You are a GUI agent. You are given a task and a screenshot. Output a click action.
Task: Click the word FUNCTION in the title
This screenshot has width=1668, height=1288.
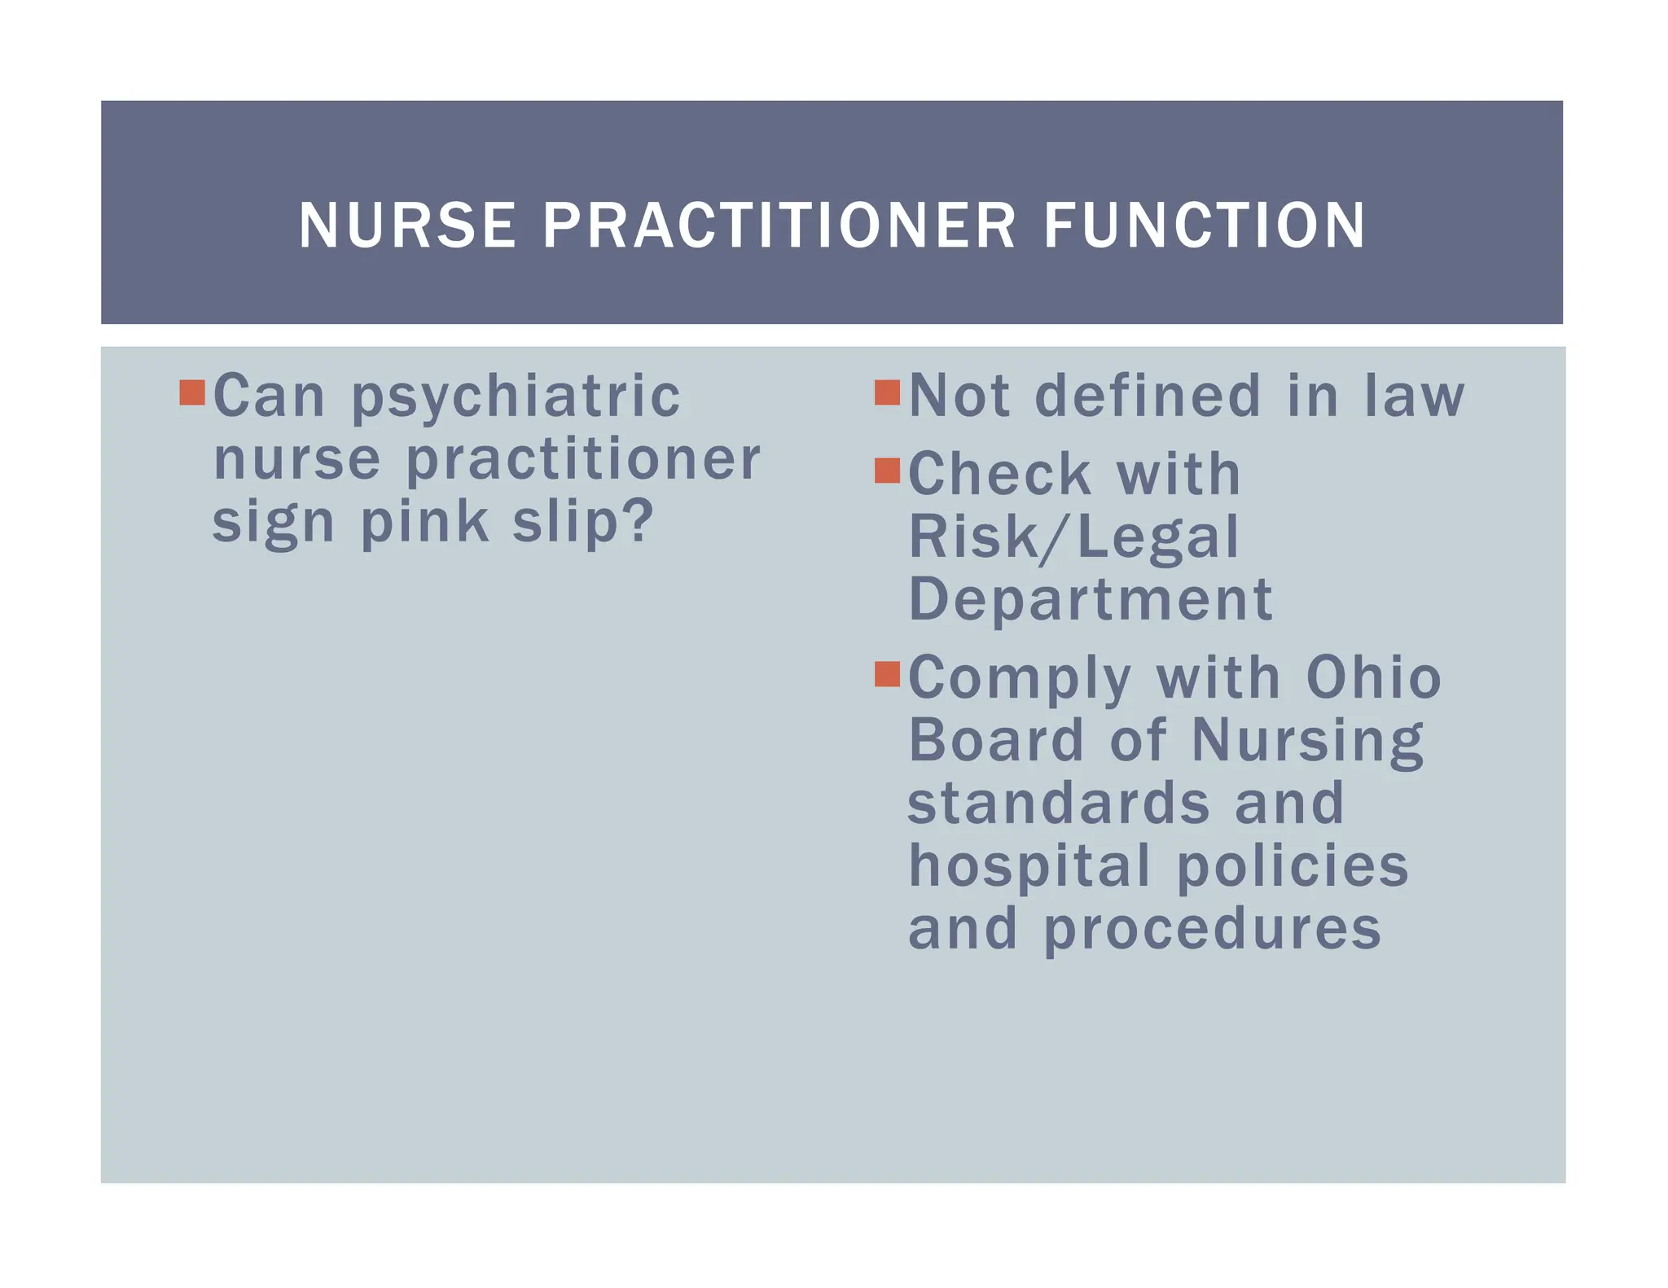[x=1204, y=226]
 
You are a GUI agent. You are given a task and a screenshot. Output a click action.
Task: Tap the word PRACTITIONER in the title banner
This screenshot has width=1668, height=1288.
[x=779, y=226]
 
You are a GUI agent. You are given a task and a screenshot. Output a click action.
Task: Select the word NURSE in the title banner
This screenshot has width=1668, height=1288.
[x=407, y=226]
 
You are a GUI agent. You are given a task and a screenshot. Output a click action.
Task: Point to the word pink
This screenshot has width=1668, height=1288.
[x=424, y=521]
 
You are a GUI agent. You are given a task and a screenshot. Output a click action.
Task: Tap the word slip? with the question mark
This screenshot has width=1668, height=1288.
[x=583, y=521]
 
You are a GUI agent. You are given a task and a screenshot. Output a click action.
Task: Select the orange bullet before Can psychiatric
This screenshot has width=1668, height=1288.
[x=192, y=392]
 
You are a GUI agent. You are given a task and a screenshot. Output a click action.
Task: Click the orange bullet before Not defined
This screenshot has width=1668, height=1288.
[x=887, y=392]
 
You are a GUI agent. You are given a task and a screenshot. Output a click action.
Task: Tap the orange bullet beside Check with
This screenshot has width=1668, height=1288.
[x=887, y=471]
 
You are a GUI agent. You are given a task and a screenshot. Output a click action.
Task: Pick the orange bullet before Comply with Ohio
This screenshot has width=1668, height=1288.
[x=887, y=674]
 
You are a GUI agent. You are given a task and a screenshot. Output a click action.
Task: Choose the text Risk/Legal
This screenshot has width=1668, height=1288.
[x=1073, y=537]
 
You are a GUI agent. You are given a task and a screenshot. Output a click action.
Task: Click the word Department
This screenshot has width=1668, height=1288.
[x=1091, y=601]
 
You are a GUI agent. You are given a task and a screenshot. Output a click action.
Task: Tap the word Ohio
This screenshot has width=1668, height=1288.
[x=1373, y=677]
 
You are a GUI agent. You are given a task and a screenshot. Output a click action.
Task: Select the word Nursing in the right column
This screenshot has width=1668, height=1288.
[x=1307, y=743]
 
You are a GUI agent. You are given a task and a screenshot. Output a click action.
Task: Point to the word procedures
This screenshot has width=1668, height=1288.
[x=1212, y=930]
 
